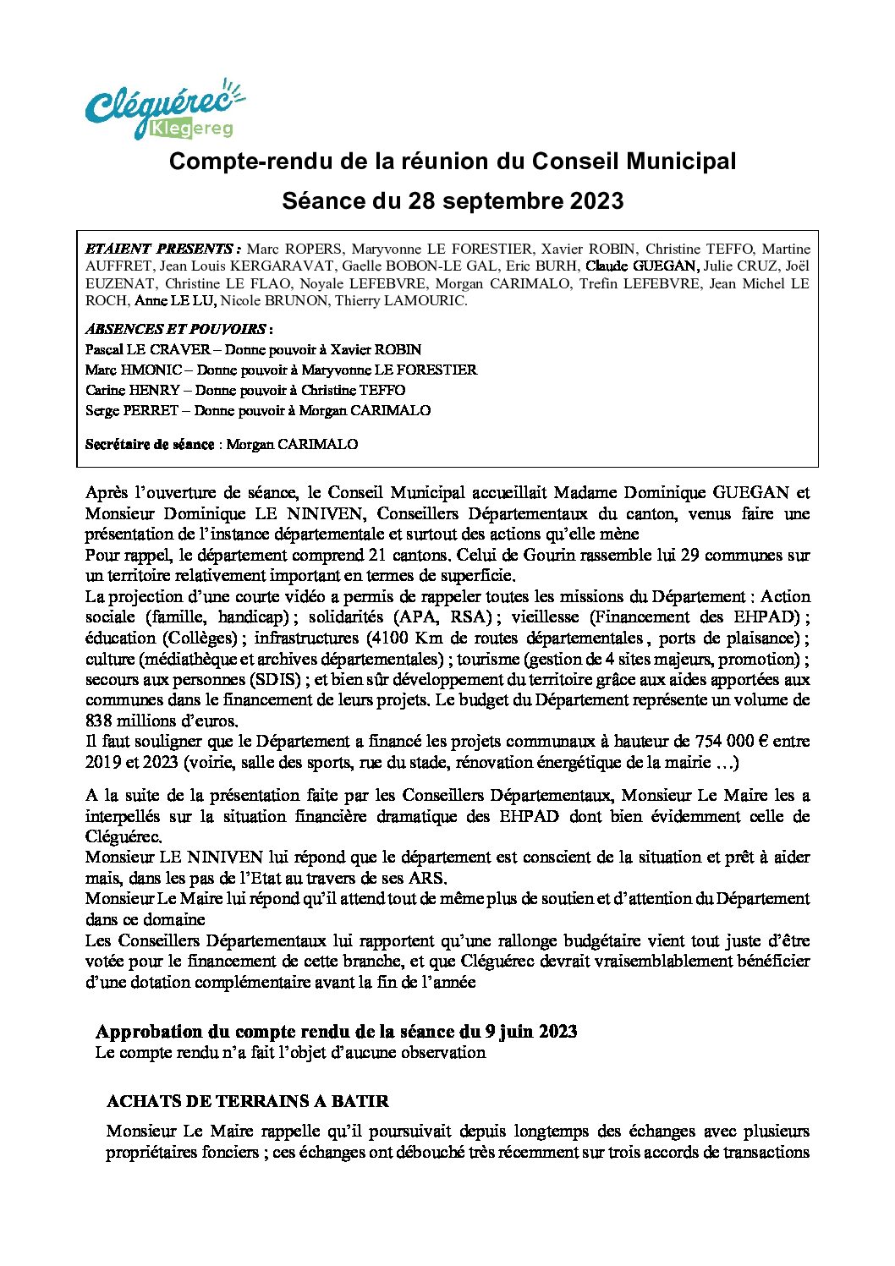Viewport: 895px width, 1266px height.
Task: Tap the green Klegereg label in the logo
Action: (x=190, y=129)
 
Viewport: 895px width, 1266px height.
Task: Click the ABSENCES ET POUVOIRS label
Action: (x=177, y=329)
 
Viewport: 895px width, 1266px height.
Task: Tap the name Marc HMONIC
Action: (x=133, y=370)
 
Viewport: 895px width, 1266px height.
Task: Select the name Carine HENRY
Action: (x=132, y=390)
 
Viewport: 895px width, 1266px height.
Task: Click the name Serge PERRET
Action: (x=131, y=410)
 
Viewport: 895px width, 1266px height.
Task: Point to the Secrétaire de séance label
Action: (x=150, y=444)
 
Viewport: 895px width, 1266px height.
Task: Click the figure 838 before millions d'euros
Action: (x=99, y=721)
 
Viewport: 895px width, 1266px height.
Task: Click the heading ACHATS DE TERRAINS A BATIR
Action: (x=247, y=1101)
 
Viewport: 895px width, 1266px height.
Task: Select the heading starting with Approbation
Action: (x=336, y=1031)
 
